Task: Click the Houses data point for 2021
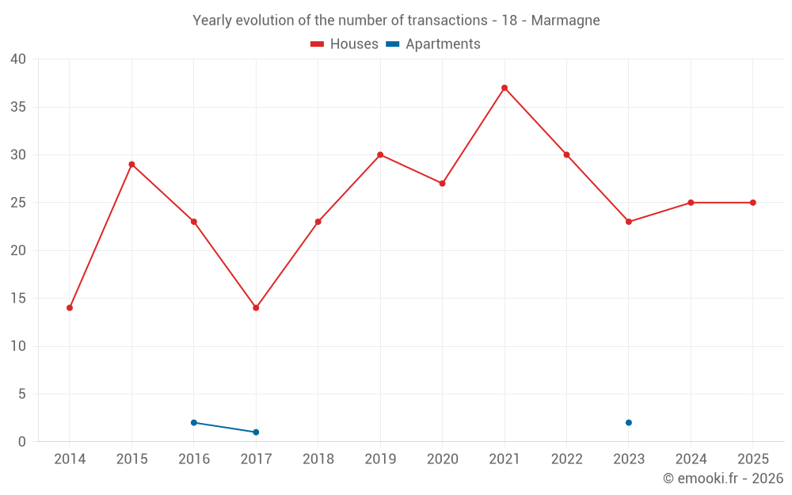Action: [505, 88]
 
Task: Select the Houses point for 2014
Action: [70, 307]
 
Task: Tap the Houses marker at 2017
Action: [256, 307]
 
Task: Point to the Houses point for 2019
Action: [380, 154]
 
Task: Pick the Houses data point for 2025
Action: [753, 203]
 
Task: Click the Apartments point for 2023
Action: [629, 423]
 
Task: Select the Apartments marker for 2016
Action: [194, 423]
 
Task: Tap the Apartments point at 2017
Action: [256, 432]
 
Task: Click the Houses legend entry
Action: [345, 44]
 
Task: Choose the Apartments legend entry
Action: [433, 44]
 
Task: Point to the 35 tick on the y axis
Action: [18, 107]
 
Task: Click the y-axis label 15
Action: [18, 298]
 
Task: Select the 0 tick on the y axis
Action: [21, 442]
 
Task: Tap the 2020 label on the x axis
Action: [443, 459]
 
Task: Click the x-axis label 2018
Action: [318, 459]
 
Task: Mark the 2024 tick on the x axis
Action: [691, 459]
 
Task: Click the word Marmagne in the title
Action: [565, 21]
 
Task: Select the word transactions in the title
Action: [447, 21]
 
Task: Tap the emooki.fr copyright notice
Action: [723, 478]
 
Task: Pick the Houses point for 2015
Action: [131, 164]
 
